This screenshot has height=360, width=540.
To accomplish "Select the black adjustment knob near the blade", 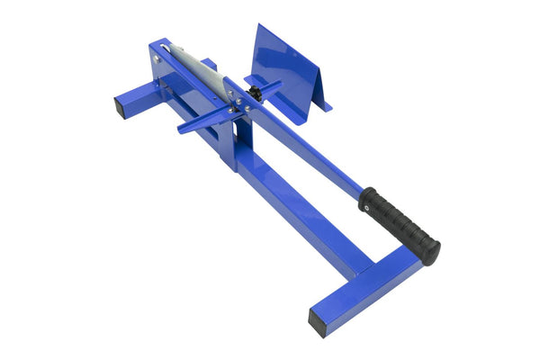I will [x=256, y=94].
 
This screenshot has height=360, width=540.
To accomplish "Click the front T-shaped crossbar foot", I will [x=369, y=288].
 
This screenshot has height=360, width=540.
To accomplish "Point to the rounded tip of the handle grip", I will [x=433, y=253].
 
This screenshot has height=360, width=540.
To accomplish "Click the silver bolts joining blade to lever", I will [x=236, y=104].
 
